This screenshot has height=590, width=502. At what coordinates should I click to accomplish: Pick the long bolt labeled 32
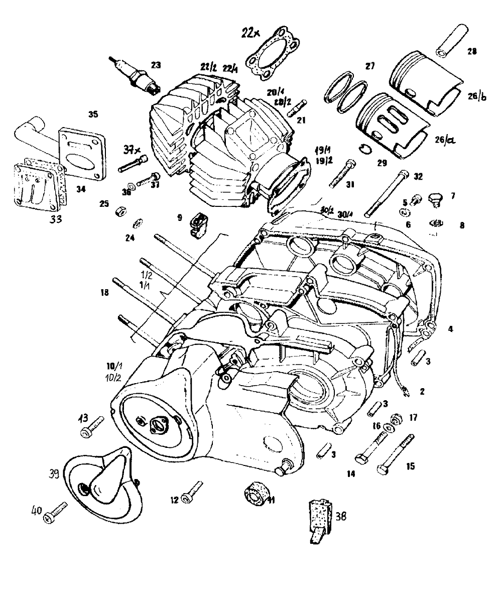click(x=387, y=193)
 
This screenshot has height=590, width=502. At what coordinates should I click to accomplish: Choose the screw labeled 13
click(x=93, y=426)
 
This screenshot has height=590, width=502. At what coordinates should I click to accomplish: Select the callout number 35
click(x=92, y=114)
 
